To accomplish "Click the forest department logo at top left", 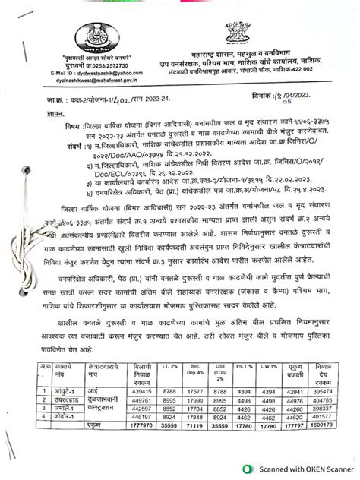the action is pyautogui.click(x=95, y=36).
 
